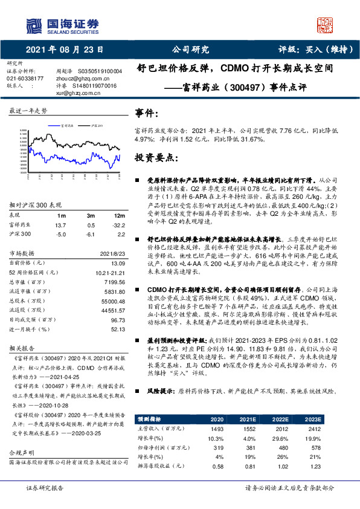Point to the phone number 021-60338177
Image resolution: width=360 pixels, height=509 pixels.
[x=25, y=78]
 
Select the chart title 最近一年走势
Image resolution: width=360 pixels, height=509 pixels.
[x=28, y=112]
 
